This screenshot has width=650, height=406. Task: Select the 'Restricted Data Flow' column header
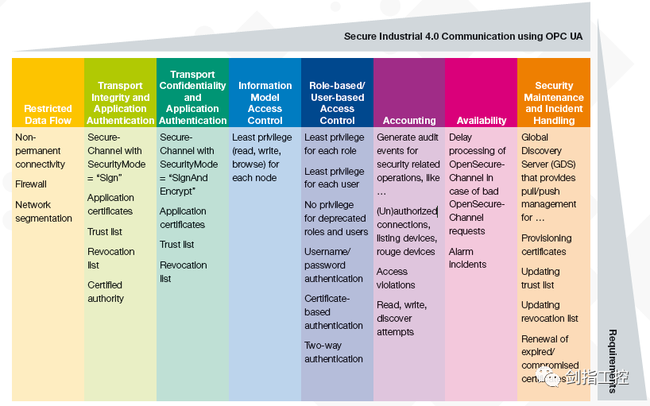coord(48,114)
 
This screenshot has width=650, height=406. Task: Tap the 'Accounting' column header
coord(409,121)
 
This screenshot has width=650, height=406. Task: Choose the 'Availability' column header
coord(482,121)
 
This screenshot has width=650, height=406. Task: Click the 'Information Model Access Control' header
coord(265,103)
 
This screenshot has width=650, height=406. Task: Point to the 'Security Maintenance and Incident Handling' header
coord(554,103)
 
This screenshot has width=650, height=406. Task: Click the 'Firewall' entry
coord(31,184)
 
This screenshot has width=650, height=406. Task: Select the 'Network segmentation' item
coord(44,211)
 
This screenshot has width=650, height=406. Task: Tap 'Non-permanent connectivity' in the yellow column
coord(41,151)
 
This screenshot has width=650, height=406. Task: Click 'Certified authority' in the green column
coord(106,292)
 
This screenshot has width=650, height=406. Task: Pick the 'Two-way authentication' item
coord(334,352)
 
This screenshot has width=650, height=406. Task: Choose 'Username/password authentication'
coord(334,265)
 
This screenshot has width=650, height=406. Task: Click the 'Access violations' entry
coord(396,278)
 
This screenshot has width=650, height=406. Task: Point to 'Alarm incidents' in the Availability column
coord(468,258)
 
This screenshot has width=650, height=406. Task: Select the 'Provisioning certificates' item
coord(547,245)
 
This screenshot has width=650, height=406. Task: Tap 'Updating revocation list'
coord(550,311)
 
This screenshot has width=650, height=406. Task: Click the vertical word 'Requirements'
coord(613,362)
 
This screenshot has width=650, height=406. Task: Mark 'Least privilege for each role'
coord(335,144)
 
